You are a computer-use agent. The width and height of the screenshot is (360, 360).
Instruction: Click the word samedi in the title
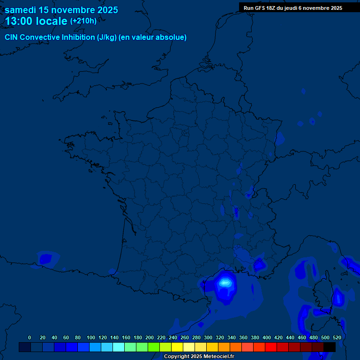21,10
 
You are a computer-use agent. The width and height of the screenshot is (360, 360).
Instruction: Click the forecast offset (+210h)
83,21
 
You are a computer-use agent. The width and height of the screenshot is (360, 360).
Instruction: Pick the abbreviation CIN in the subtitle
12,37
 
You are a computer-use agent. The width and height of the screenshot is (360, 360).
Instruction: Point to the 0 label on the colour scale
30,337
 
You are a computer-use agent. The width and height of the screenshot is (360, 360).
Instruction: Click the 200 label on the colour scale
150,337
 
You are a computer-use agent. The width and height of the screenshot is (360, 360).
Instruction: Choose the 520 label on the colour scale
337,337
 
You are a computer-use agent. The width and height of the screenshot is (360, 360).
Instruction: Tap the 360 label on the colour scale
243,337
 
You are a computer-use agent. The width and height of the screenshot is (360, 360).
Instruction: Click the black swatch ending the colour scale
330,347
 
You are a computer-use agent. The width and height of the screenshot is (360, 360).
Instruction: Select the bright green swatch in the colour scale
154,347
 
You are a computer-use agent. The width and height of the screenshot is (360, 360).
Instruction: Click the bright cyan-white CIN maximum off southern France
225,282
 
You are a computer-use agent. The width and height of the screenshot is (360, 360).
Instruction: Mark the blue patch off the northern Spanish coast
46,258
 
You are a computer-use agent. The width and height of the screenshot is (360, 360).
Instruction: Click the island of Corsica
323,293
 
